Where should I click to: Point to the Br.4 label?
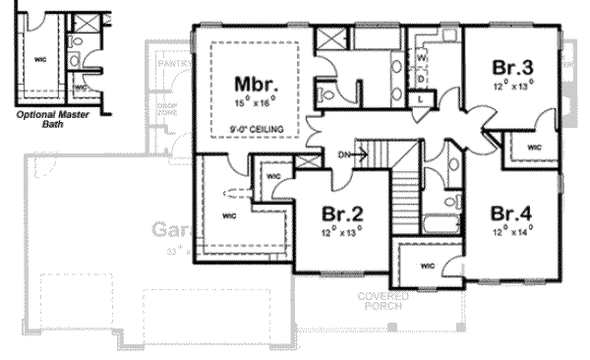513,213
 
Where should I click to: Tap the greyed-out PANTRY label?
173,64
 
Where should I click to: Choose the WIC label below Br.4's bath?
427,267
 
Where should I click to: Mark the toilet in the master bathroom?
326,92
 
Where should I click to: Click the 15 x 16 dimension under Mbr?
253,100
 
